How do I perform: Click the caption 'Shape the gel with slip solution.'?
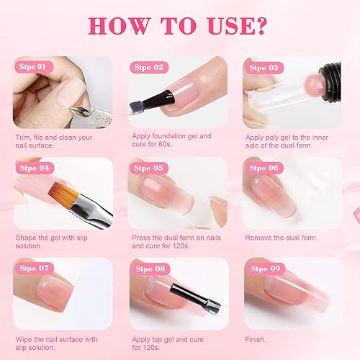tap(60, 240)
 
